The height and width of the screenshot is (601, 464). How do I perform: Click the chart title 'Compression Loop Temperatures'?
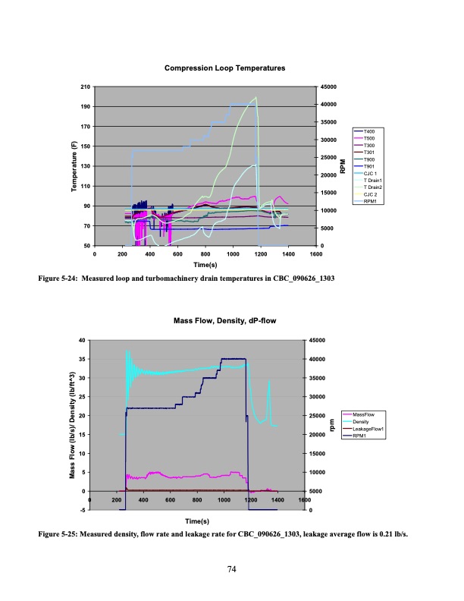(x=224, y=68)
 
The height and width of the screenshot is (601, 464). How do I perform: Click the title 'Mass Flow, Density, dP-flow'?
(x=224, y=321)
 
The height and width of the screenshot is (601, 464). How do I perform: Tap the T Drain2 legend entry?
(x=374, y=187)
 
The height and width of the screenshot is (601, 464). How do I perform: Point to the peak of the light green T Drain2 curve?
(x=257, y=98)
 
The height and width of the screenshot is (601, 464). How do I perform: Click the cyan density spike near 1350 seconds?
(x=269, y=382)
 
